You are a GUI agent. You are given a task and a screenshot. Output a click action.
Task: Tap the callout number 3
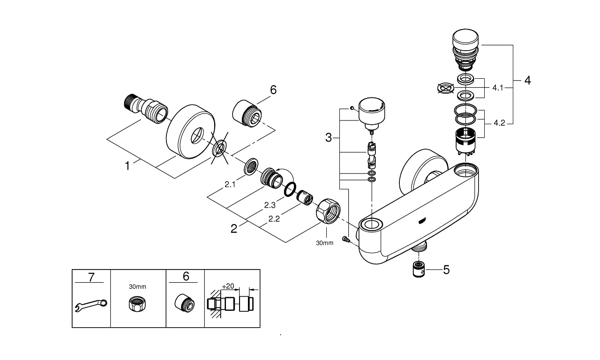(329, 138)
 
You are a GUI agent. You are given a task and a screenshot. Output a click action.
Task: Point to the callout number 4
(527, 81)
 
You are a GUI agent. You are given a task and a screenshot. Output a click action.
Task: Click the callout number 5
(446, 270)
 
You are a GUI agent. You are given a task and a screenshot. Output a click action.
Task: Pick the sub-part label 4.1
(497, 87)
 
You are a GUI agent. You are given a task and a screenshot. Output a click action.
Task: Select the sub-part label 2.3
(269, 205)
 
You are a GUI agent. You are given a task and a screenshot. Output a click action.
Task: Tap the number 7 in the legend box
(91, 277)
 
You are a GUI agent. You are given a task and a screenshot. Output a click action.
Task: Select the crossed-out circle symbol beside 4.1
(446, 88)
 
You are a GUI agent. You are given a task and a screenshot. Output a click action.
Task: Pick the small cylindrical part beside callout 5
(418, 270)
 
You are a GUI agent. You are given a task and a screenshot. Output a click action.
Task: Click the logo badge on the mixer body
(423, 218)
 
